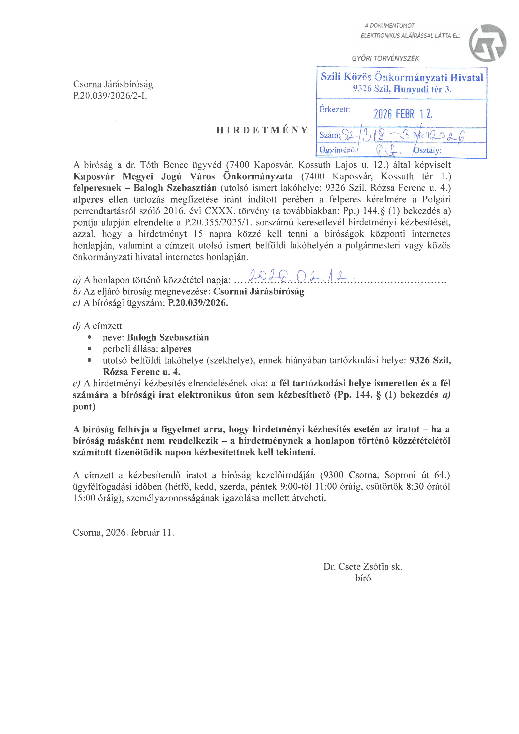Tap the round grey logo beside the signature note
(x=487, y=43)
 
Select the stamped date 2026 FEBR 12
(x=403, y=114)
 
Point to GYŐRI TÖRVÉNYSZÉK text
(x=385, y=59)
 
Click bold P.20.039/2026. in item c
(x=198, y=303)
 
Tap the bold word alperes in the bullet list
(x=176, y=349)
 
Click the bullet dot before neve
(x=90, y=337)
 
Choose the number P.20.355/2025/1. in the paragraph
(x=219, y=222)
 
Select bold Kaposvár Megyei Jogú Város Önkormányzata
(x=183, y=176)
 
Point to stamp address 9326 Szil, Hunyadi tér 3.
(x=402, y=89)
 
